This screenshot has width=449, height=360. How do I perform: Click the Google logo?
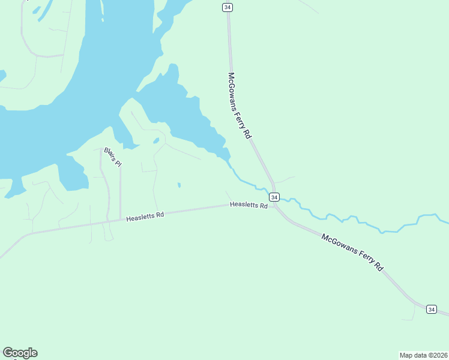pos(20,353)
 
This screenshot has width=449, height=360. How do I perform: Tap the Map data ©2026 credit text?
pos(423,355)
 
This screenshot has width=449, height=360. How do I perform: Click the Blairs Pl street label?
pos(112,157)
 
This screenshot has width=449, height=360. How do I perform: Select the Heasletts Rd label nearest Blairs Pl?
pos(145,216)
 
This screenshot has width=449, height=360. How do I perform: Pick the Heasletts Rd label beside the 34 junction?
pos(249,205)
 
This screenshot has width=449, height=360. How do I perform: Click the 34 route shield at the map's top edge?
pos(227,7)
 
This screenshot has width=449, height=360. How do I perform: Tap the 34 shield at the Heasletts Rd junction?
pos(274,197)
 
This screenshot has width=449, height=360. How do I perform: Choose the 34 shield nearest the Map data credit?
pos(431,309)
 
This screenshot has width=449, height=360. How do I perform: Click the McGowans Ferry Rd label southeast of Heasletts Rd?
pos(352,252)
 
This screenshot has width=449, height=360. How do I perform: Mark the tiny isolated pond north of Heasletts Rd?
pos(179,185)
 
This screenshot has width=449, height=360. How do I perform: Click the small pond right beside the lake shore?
pos(156,141)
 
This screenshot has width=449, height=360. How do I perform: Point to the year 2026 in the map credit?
pos(439,355)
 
